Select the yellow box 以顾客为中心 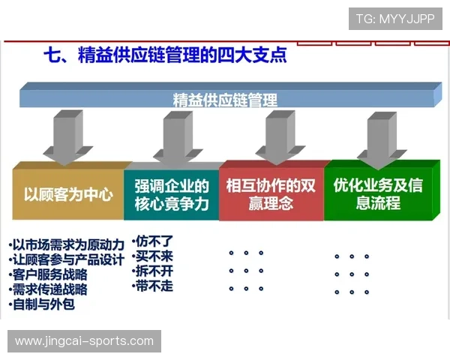pos(68,194)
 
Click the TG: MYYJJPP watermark pos(395,19)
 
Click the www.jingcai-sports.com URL pos(83,341)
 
